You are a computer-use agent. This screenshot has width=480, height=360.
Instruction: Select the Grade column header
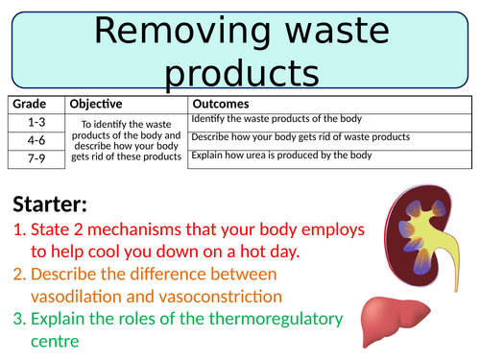30,104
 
